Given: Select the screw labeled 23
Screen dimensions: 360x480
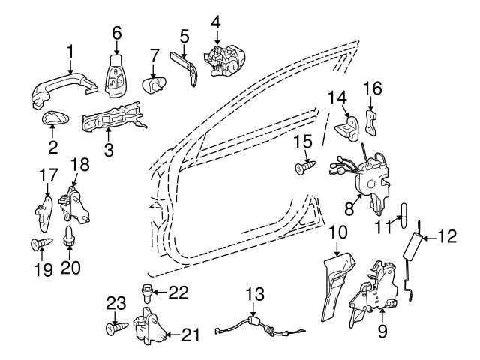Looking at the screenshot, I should coord(115,327).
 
